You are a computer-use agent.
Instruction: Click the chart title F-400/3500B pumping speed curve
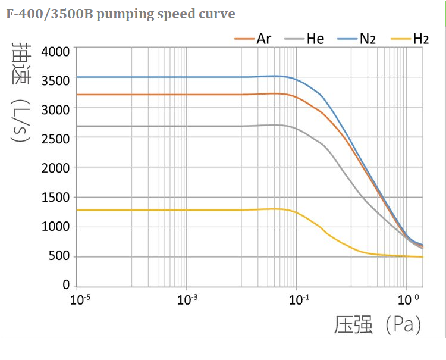121,14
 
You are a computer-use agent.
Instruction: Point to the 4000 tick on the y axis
55,51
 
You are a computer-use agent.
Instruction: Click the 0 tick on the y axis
65,286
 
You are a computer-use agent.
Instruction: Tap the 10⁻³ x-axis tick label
188,299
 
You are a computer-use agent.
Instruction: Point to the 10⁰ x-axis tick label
408,299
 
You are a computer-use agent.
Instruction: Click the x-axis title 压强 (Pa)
377,325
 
